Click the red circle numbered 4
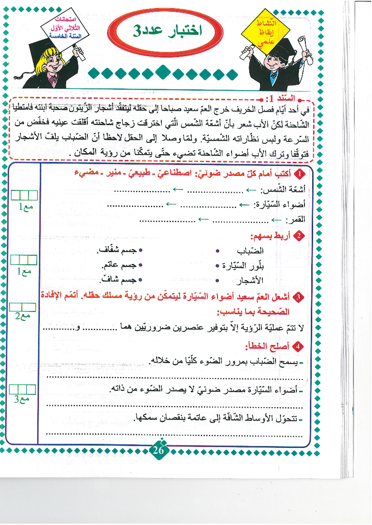coord(298,347)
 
